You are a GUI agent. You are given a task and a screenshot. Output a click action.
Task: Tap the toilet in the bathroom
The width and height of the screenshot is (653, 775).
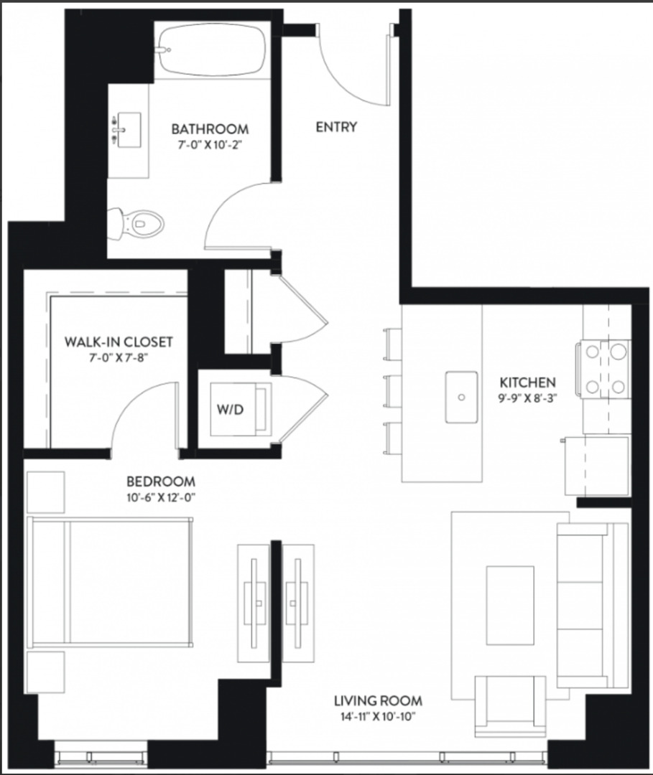tap(139, 223)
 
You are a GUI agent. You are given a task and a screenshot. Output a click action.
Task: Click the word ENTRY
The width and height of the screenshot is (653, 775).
tap(336, 127)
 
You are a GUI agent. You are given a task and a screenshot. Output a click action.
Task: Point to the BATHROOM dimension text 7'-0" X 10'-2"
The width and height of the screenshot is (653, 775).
tap(210, 144)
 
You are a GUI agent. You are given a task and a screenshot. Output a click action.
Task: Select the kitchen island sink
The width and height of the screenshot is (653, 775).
tap(461, 397)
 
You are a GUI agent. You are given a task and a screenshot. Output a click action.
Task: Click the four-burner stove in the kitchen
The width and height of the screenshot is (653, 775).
tap(602, 368)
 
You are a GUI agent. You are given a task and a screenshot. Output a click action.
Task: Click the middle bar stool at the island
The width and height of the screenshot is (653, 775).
tap(393, 390)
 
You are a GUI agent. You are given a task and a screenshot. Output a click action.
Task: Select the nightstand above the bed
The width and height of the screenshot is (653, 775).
tap(45, 492)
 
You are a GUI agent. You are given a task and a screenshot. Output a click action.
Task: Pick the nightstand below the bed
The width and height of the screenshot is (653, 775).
tap(45, 672)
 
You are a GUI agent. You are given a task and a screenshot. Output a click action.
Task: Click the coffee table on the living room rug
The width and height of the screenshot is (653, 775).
tap(510, 605)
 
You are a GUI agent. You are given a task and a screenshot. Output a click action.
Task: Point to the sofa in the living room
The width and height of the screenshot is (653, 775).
tap(591, 604)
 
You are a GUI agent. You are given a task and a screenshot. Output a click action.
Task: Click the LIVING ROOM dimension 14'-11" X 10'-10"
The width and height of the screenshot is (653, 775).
tap(378, 715)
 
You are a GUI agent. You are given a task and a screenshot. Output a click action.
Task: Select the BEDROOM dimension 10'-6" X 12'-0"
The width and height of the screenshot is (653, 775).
tap(161, 497)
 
